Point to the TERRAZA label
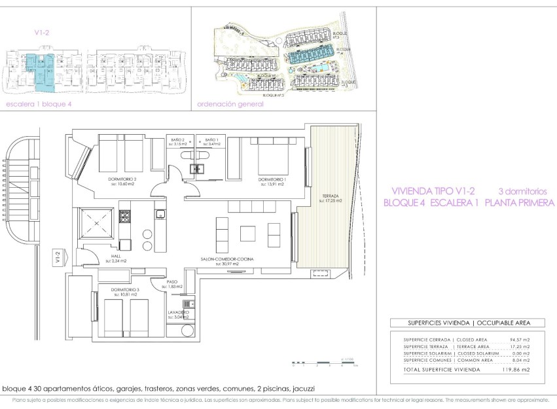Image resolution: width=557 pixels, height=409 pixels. pos(330,196)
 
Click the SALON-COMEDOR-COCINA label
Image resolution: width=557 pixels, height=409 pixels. pos(227,260)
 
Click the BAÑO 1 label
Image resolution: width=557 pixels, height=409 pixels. pos(211,140)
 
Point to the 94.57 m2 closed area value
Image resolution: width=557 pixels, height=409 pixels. pos(518,340)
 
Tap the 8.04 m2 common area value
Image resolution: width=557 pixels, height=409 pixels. pos(519,360)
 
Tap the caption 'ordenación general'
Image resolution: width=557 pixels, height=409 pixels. pos(230,103)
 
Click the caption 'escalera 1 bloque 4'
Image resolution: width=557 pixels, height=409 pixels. pos(38,103)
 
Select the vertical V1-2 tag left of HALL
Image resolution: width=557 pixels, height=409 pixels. pos(58,257)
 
